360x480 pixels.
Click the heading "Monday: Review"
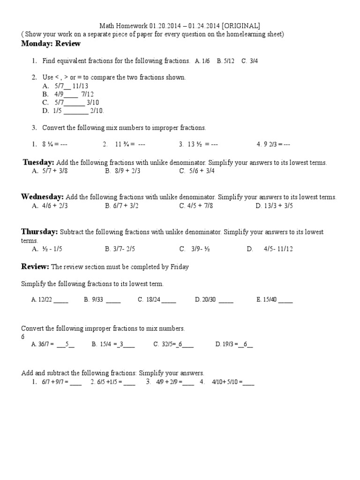(51, 44)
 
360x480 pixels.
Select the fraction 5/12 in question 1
(229, 61)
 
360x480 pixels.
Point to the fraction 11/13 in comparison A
(80, 86)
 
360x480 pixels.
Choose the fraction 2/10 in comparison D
(97, 111)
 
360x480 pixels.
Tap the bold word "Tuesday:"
(39, 162)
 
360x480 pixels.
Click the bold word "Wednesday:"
(43, 197)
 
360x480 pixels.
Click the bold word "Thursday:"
(39, 232)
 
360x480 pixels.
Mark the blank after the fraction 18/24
(168, 301)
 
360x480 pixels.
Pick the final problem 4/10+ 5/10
(227, 382)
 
